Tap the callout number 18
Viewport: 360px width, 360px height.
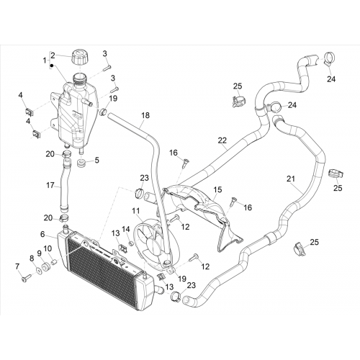[145, 115]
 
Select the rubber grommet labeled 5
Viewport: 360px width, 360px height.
[81, 163]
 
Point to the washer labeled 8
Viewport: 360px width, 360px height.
[38, 271]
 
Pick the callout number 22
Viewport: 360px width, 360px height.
[222, 140]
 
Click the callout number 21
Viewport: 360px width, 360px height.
[291, 179]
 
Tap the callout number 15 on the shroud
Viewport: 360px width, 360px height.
[217, 189]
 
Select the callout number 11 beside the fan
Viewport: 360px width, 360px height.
[136, 211]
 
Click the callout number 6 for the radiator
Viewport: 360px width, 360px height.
[42, 234]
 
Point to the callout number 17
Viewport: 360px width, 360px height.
[50, 185]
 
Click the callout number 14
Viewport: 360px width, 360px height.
[126, 229]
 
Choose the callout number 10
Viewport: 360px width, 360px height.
[48, 248]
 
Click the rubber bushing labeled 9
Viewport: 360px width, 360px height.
[45, 267]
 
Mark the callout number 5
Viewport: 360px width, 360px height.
[96, 160]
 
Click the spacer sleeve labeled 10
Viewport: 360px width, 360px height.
[54, 261]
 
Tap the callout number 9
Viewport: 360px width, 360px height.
[40, 253]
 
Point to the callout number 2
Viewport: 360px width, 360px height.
[53, 55]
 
